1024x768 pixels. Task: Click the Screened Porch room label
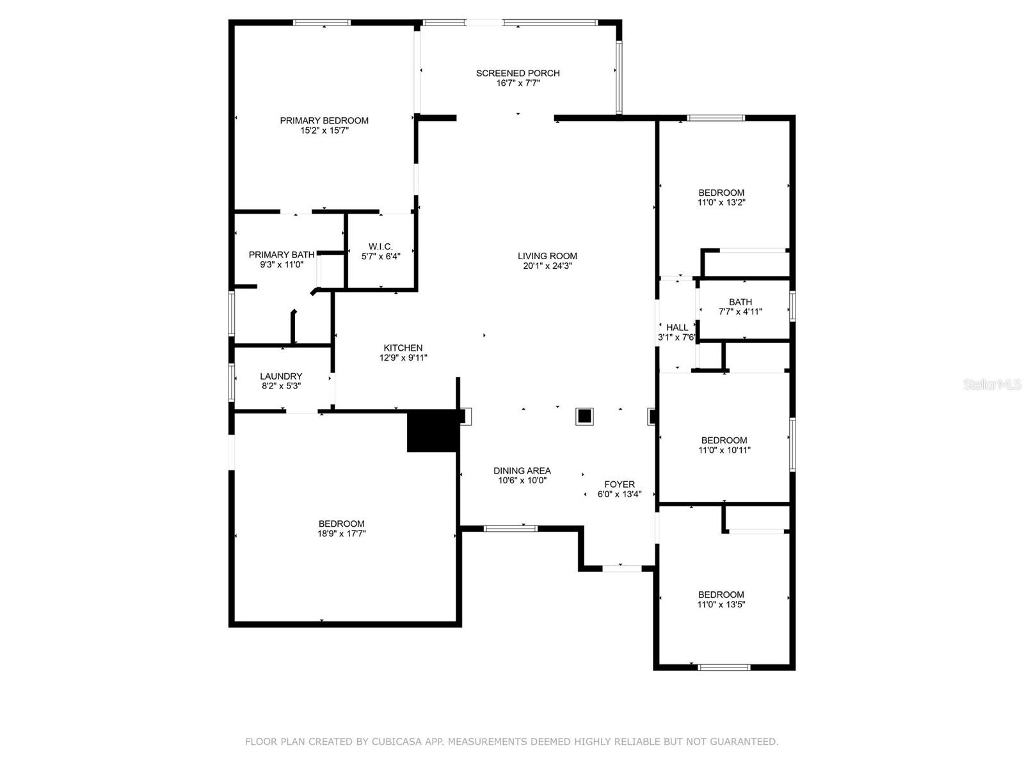click(517, 73)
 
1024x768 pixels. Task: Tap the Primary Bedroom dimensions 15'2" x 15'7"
click(324, 131)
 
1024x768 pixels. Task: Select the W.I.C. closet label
click(381, 246)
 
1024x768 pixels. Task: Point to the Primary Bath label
click(282, 255)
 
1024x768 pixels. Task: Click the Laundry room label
click(281, 376)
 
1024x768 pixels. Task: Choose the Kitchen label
click(403, 348)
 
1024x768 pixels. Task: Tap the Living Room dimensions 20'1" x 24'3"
click(547, 266)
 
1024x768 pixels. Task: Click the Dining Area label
click(522, 470)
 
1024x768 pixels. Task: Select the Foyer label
click(620, 484)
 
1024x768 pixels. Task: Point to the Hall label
click(677, 327)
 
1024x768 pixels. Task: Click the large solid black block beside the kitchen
click(433, 431)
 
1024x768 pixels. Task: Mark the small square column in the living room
click(584, 416)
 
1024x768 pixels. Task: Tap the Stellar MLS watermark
click(992, 384)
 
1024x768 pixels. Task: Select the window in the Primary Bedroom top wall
click(322, 22)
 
